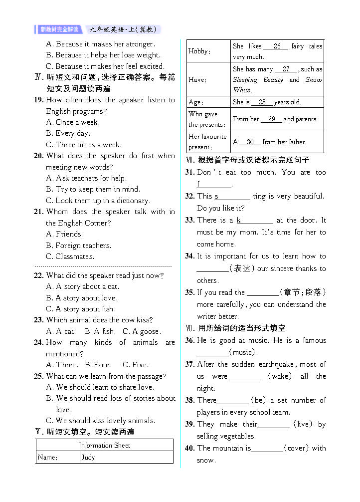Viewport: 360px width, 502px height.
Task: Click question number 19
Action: (38, 100)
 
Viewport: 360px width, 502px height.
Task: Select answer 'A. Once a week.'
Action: (73, 122)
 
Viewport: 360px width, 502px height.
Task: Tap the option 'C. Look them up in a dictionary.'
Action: (98, 201)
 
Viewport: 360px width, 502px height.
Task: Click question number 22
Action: (38, 275)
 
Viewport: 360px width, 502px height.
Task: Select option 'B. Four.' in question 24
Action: (98, 365)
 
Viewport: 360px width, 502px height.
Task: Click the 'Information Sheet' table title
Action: (104, 445)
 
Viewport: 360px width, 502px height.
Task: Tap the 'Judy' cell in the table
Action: (88, 457)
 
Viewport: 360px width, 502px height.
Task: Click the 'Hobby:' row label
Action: (199, 51)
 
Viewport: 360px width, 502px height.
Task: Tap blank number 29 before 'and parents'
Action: (272, 119)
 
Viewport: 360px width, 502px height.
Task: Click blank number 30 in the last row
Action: (250, 142)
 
